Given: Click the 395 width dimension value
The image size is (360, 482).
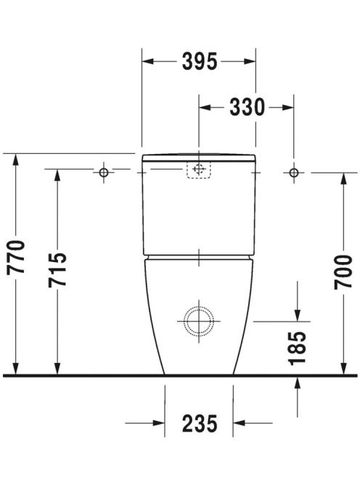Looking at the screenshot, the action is coord(200,62).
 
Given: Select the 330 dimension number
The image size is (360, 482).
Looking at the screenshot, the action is coord(247,107).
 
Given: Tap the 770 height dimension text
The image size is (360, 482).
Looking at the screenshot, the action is coord(16,257).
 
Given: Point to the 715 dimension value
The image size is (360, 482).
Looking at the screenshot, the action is coord(57,270).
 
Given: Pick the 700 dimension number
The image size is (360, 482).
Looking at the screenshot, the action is coord(343,272).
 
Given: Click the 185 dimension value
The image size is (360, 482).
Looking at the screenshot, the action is coord(298,348).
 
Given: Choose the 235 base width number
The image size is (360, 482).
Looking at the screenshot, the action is coord(200,423).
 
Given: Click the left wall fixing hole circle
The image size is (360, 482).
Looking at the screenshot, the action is coord(104,173).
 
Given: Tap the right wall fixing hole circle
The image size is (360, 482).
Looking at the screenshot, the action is coord(294,173).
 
